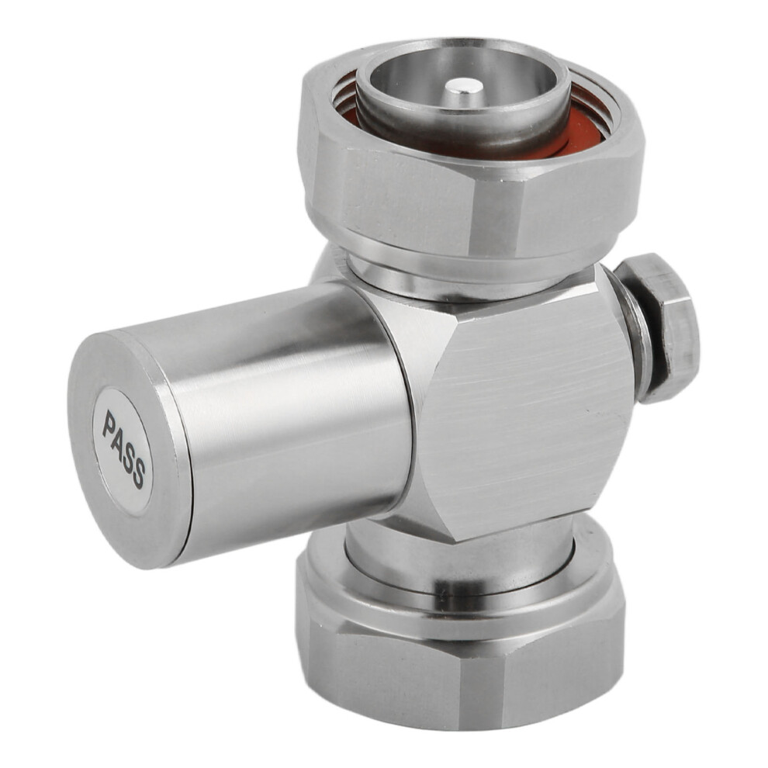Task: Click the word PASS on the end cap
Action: [123, 448]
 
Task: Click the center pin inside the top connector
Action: [463, 88]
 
